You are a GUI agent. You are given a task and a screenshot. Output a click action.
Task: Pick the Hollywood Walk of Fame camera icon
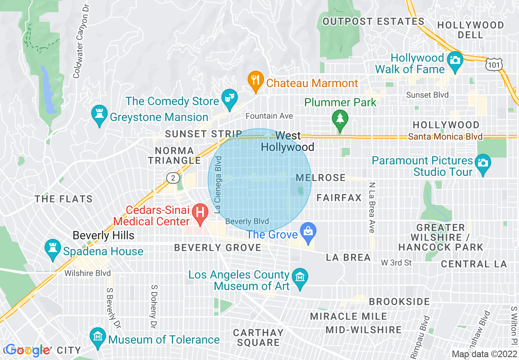(x=454, y=60)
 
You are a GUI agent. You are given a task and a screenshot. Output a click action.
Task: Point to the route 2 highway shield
(x=173, y=178)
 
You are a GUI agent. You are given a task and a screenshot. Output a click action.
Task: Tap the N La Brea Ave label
(x=371, y=207)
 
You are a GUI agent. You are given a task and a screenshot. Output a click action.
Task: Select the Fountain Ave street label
(x=269, y=116)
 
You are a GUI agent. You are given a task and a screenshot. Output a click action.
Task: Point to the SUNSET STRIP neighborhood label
(x=203, y=134)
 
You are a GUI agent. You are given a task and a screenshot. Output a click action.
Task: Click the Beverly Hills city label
(x=103, y=235)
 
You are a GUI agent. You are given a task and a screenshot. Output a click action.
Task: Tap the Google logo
(x=28, y=350)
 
